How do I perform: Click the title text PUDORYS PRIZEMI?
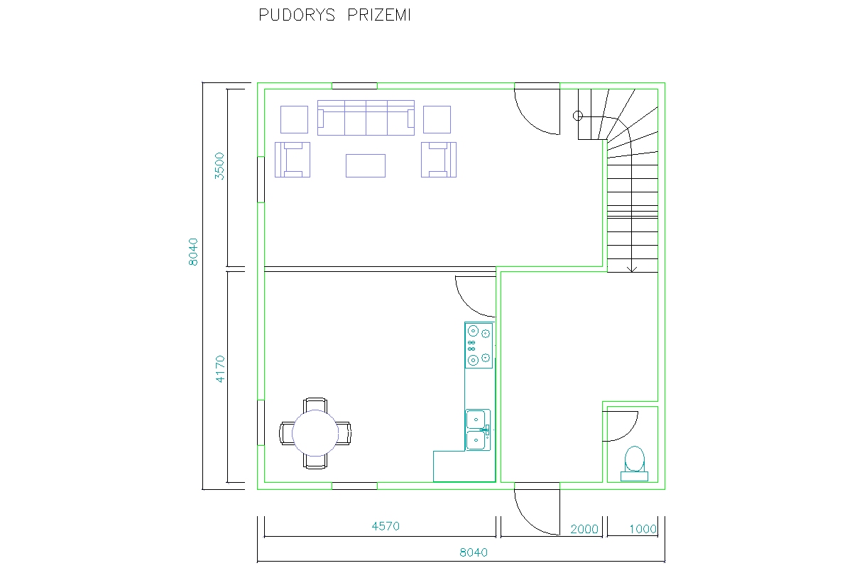[x=334, y=15]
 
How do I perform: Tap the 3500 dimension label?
[x=219, y=166]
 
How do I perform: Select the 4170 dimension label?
[x=220, y=368]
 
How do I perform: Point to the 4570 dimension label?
[x=386, y=526]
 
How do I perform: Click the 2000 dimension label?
[x=584, y=529]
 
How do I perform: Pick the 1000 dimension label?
[x=643, y=529]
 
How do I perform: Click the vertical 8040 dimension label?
[x=193, y=252]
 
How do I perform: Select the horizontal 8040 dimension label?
[x=474, y=552]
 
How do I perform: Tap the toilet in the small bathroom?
[x=635, y=464]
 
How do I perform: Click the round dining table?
[x=315, y=433]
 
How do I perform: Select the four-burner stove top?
[x=479, y=346]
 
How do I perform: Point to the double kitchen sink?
[x=478, y=430]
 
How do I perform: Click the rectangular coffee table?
[x=366, y=166]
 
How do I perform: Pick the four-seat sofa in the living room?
[x=366, y=118]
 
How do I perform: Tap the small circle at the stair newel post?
[x=578, y=116]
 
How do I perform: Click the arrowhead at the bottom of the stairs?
[x=632, y=270]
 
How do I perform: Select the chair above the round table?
[x=315, y=405]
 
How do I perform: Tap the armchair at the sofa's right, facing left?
[x=439, y=160]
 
